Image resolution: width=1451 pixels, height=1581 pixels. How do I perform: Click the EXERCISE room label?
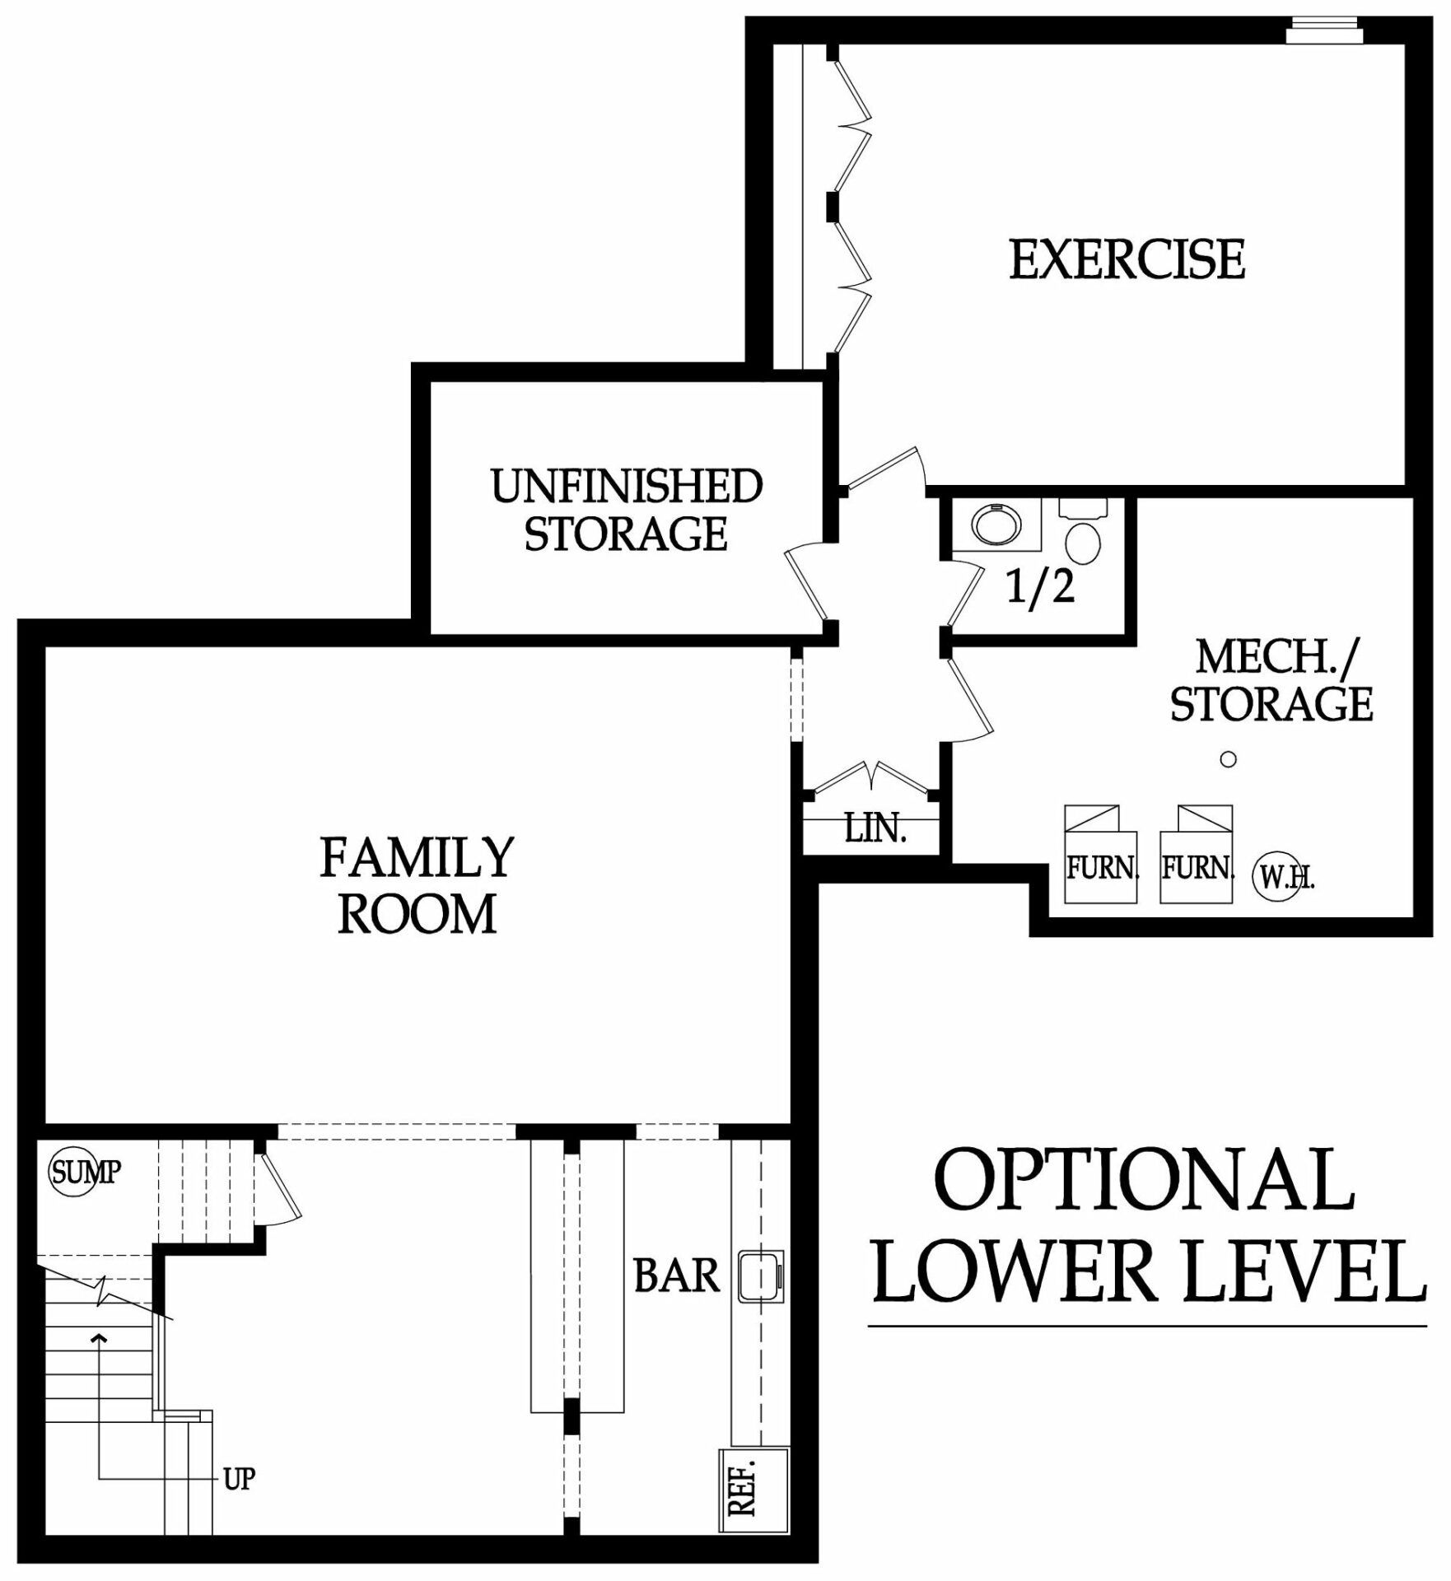(x=1126, y=259)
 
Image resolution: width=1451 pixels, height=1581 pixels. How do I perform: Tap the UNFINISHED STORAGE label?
(x=626, y=510)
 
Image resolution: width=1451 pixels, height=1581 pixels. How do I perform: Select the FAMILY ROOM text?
(x=417, y=885)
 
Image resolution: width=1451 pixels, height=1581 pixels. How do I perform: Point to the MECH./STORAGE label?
(x=1271, y=680)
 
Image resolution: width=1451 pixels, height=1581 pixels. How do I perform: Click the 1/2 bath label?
(x=1041, y=587)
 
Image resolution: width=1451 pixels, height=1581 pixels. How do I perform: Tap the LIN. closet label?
(x=875, y=828)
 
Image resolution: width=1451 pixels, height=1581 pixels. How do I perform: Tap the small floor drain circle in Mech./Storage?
(x=1228, y=759)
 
